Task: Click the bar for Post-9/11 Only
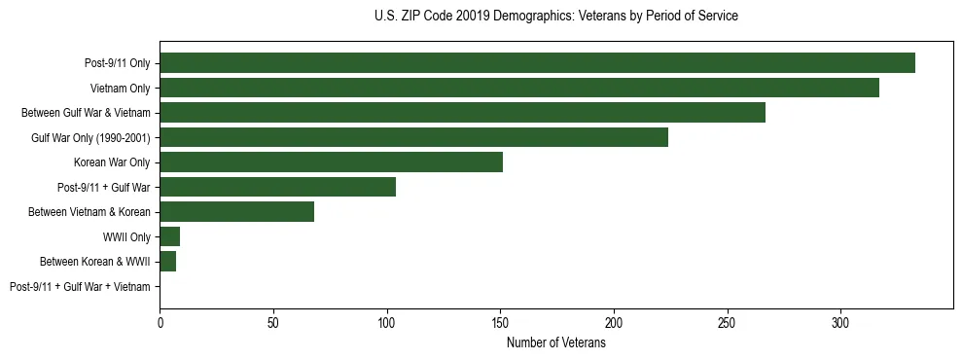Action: (x=537, y=63)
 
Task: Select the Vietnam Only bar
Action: (x=519, y=88)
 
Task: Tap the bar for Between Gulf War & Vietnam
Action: (x=462, y=113)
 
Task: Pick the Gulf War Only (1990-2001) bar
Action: (x=413, y=137)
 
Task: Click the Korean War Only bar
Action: (x=331, y=162)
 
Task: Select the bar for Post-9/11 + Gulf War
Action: (x=277, y=187)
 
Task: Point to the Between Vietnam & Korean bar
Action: (x=236, y=212)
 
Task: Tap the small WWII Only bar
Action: (x=169, y=236)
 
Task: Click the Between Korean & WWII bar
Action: (x=167, y=262)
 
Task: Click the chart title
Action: (x=555, y=17)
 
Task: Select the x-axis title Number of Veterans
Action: (x=555, y=343)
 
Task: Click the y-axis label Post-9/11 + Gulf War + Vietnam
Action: (x=80, y=286)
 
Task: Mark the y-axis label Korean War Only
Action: (x=112, y=162)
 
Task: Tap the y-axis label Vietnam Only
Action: (x=116, y=88)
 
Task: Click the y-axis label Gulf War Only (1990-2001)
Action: (x=89, y=137)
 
